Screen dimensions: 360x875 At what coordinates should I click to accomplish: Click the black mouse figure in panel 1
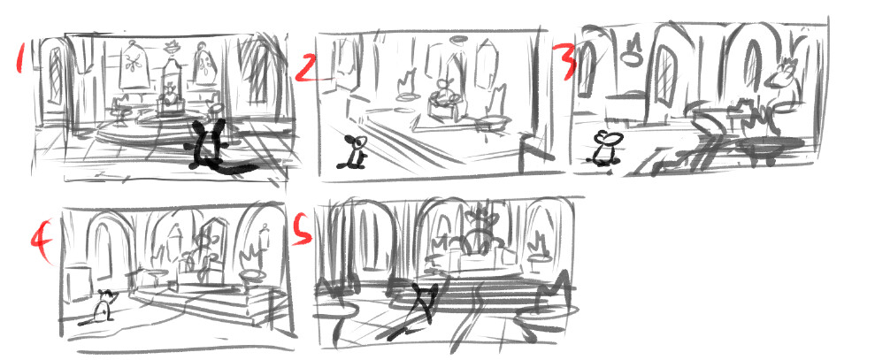[x=211, y=143]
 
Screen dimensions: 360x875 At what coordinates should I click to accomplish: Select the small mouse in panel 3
[x=607, y=148]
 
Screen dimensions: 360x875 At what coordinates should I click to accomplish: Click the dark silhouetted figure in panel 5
[x=426, y=305]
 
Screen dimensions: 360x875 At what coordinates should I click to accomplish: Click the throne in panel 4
[x=202, y=257]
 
